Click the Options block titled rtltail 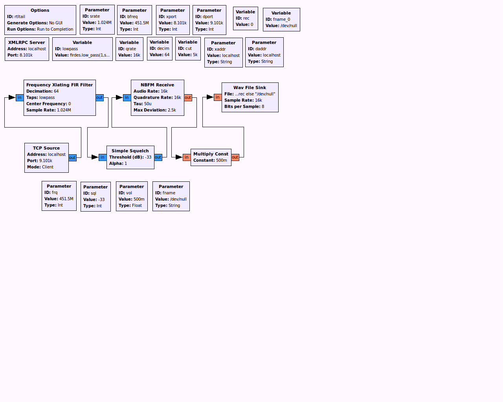tap(40, 20)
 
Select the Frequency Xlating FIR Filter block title tap(59, 85)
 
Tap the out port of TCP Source tap(72, 158)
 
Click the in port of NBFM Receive tap(127, 98)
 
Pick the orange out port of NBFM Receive tap(188, 98)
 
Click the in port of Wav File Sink tap(218, 97)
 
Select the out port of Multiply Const tap(235, 157)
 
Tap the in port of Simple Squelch tap(103, 157)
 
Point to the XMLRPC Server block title tap(27, 42)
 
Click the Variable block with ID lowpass tap(82, 49)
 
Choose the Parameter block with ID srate tap(97, 20)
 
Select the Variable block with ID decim tap(160, 49)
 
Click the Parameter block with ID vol tap(132, 196)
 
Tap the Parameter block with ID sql tap(95, 197)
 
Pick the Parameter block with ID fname tap(171, 196)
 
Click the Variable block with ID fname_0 tap(281, 20)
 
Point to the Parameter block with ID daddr tap(264, 52)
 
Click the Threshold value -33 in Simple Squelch tap(148, 157)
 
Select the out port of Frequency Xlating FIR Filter tap(99, 98)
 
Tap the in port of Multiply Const tap(187, 157)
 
